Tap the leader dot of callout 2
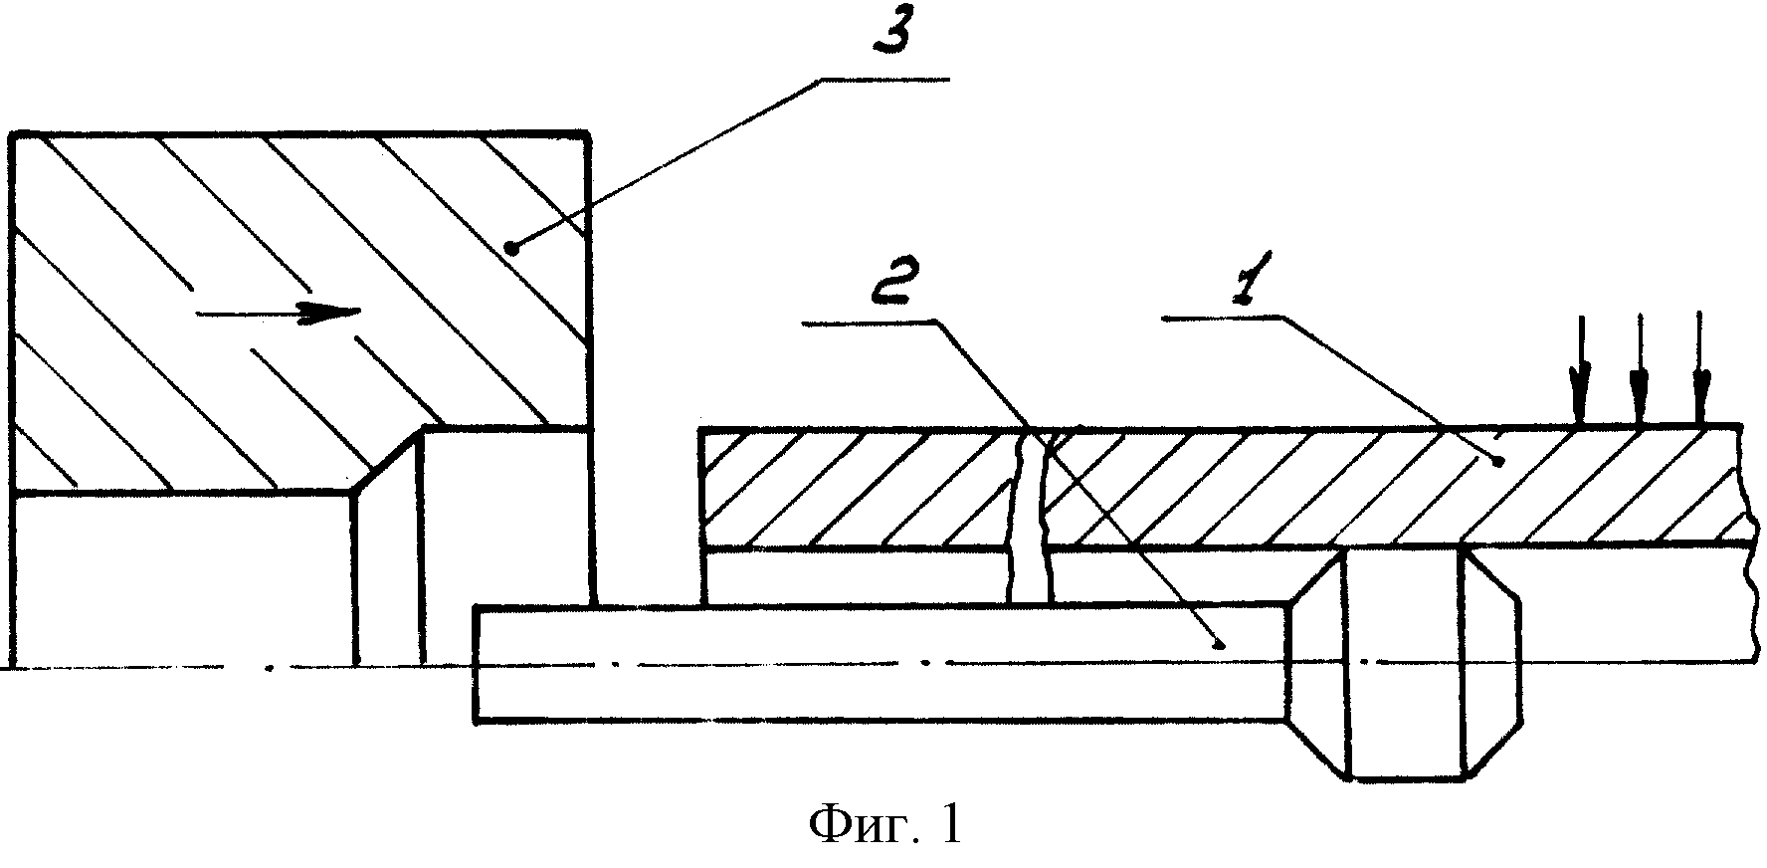[x=1224, y=645]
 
